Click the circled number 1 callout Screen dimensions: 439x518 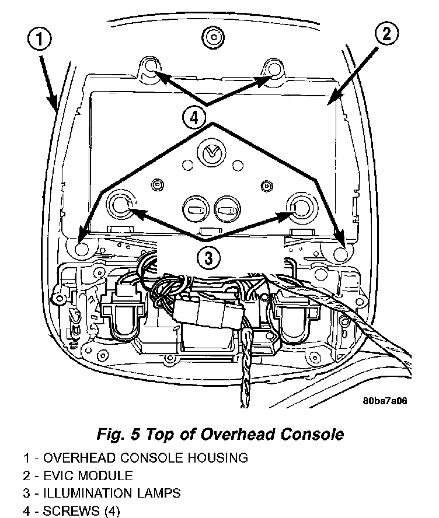coord(39,38)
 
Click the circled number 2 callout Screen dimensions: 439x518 coord(386,34)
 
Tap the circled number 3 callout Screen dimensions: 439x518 coord(208,257)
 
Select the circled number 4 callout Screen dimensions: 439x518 coord(194,117)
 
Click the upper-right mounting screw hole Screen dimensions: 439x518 coord(274,69)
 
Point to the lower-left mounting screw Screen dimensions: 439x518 coord(81,249)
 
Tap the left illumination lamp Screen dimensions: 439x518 coord(120,205)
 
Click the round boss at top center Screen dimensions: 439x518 coord(213,37)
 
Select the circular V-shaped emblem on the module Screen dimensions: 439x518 coord(211,153)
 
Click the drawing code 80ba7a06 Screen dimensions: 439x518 coord(385,401)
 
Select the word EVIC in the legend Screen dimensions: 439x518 coord(59,475)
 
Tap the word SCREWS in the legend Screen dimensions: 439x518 coord(71,511)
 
